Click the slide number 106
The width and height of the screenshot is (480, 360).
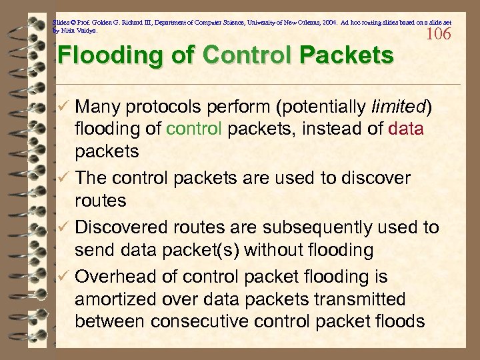coord(437,33)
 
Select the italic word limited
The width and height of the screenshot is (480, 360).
coord(398,107)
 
